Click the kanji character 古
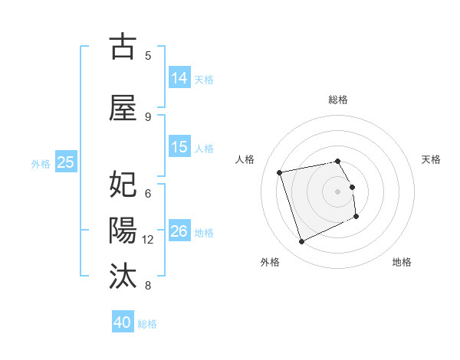click(x=123, y=47)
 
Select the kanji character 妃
click(x=123, y=185)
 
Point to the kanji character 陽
click(x=123, y=230)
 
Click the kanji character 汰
click(x=123, y=275)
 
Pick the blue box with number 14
click(x=179, y=77)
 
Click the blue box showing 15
click(x=179, y=147)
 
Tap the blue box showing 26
click(x=179, y=231)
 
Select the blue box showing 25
click(x=66, y=162)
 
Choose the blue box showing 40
click(x=123, y=322)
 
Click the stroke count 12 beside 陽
click(x=149, y=240)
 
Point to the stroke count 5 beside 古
click(x=148, y=56)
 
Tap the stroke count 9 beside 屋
click(x=148, y=116)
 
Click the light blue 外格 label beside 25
click(x=40, y=162)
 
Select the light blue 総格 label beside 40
click(x=147, y=323)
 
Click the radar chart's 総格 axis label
click(x=337, y=100)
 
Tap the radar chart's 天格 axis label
click(x=431, y=159)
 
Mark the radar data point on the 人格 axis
click(x=280, y=172)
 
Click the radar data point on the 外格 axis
click(x=301, y=242)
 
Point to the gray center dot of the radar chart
click(x=337, y=191)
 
